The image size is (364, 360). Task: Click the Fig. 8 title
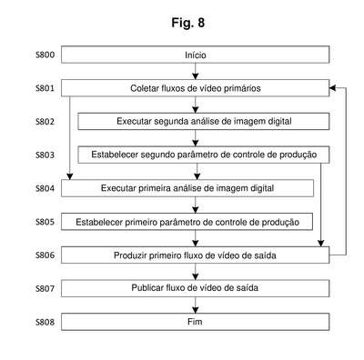click(188, 23)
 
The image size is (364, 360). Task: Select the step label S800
click(45, 55)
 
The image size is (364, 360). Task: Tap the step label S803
click(45, 155)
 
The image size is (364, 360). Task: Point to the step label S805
click(45, 222)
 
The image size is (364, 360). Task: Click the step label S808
click(45, 322)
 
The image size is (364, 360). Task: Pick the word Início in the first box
click(196, 55)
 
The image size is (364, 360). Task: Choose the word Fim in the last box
click(195, 322)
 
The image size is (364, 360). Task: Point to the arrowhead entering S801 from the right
click(332, 88)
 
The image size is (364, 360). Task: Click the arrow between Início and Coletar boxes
click(196, 71)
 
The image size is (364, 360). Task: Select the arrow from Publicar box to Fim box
click(196, 305)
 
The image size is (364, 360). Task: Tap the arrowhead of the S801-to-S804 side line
click(70, 176)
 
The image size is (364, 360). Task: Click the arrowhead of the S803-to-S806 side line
click(321, 243)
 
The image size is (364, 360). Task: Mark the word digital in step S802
click(279, 122)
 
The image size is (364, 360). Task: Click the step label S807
click(45, 288)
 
